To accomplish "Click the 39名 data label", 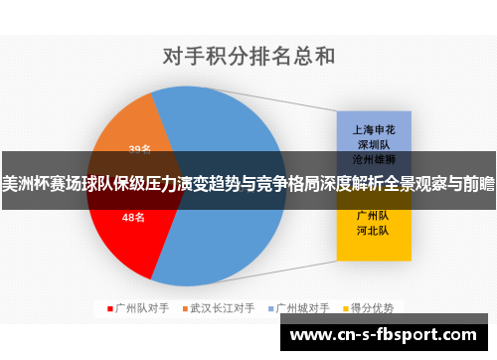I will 139,149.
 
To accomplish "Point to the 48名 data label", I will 133,216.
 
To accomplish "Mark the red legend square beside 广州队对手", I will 109,308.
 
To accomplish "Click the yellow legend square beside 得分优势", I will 348,308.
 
